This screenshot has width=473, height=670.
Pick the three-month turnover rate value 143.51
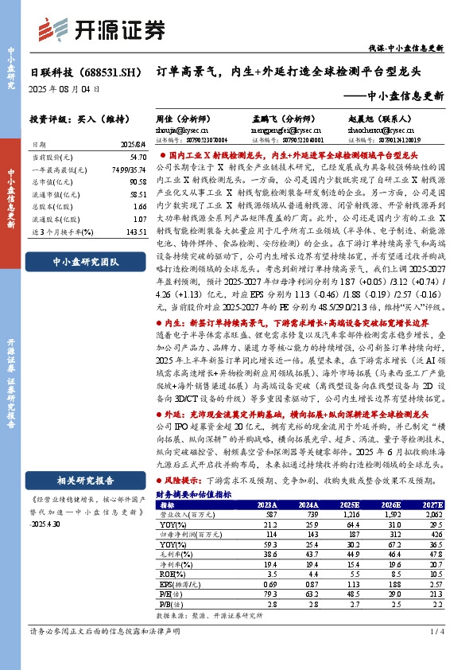pos(136,232)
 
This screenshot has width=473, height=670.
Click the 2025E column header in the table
pos(348,504)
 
